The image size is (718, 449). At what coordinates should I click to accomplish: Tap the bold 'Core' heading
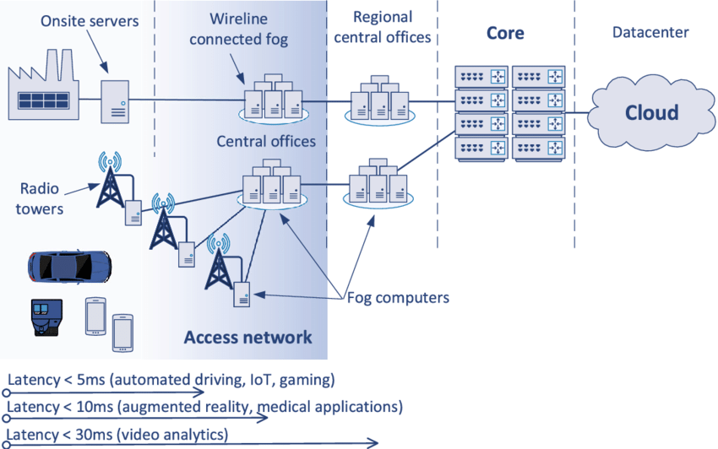pyautogui.click(x=505, y=34)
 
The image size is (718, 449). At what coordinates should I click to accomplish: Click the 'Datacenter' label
pyautogui.click(x=650, y=33)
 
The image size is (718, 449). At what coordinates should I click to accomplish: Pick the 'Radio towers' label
pyautogui.click(x=40, y=198)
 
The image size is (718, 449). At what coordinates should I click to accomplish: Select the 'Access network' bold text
pyautogui.click(x=248, y=338)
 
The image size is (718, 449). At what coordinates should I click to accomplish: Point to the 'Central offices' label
pyautogui.click(x=266, y=140)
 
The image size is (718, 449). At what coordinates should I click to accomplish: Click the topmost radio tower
pyautogui.click(x=109, y=181)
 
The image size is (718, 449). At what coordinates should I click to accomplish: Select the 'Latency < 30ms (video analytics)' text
pyautogui.click(x=117, y=435)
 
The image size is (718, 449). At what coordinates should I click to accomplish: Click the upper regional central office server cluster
pyautogui.click(x=379, y=100)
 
